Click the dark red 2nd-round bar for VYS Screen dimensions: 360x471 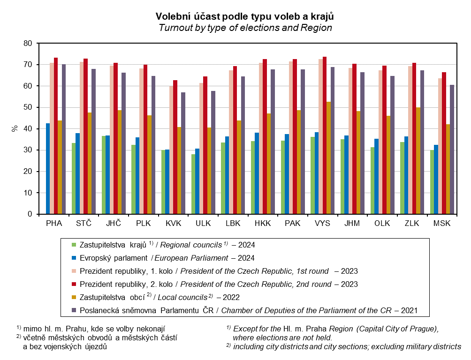click(x=325, y=135)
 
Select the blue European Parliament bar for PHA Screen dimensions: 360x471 click(x=48, y=169)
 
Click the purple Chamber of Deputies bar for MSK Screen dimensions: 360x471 click(x=452, y=150)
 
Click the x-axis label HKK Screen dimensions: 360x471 click(x=263, y=224)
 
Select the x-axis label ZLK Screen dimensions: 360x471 click(x=412, y=224)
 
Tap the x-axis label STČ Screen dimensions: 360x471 click(x=84, y=224)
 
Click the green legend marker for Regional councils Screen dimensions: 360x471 click(x=73, y=244)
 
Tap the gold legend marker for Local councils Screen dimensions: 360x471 click(x=73, y=297)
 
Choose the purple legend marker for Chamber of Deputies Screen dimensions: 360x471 click(x=73, y=310)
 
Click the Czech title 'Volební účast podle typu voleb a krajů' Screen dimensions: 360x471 click(x=245, y=16)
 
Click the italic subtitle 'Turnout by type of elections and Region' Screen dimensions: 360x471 click(x=245, y=28)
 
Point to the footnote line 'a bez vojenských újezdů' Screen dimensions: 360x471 click(x=66, y=347)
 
